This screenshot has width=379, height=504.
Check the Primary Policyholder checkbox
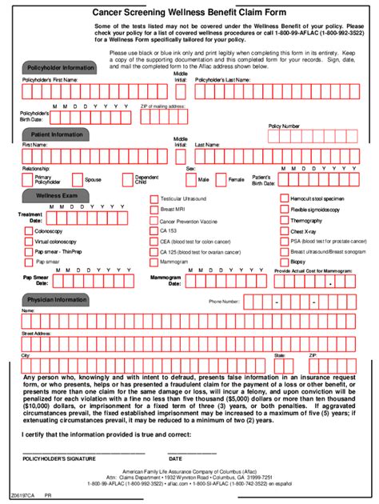coord(29,180)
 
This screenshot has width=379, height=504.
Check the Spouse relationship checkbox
coord(78,180)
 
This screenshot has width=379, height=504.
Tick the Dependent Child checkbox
coord(127,180)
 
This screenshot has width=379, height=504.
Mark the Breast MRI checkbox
coord(154,209)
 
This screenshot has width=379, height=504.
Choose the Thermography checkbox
coord(284,220)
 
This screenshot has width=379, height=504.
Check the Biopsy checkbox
coord(284,261)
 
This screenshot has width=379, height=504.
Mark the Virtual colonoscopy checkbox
coord(29,241)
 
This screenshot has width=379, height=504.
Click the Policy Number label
coord(285,126)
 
